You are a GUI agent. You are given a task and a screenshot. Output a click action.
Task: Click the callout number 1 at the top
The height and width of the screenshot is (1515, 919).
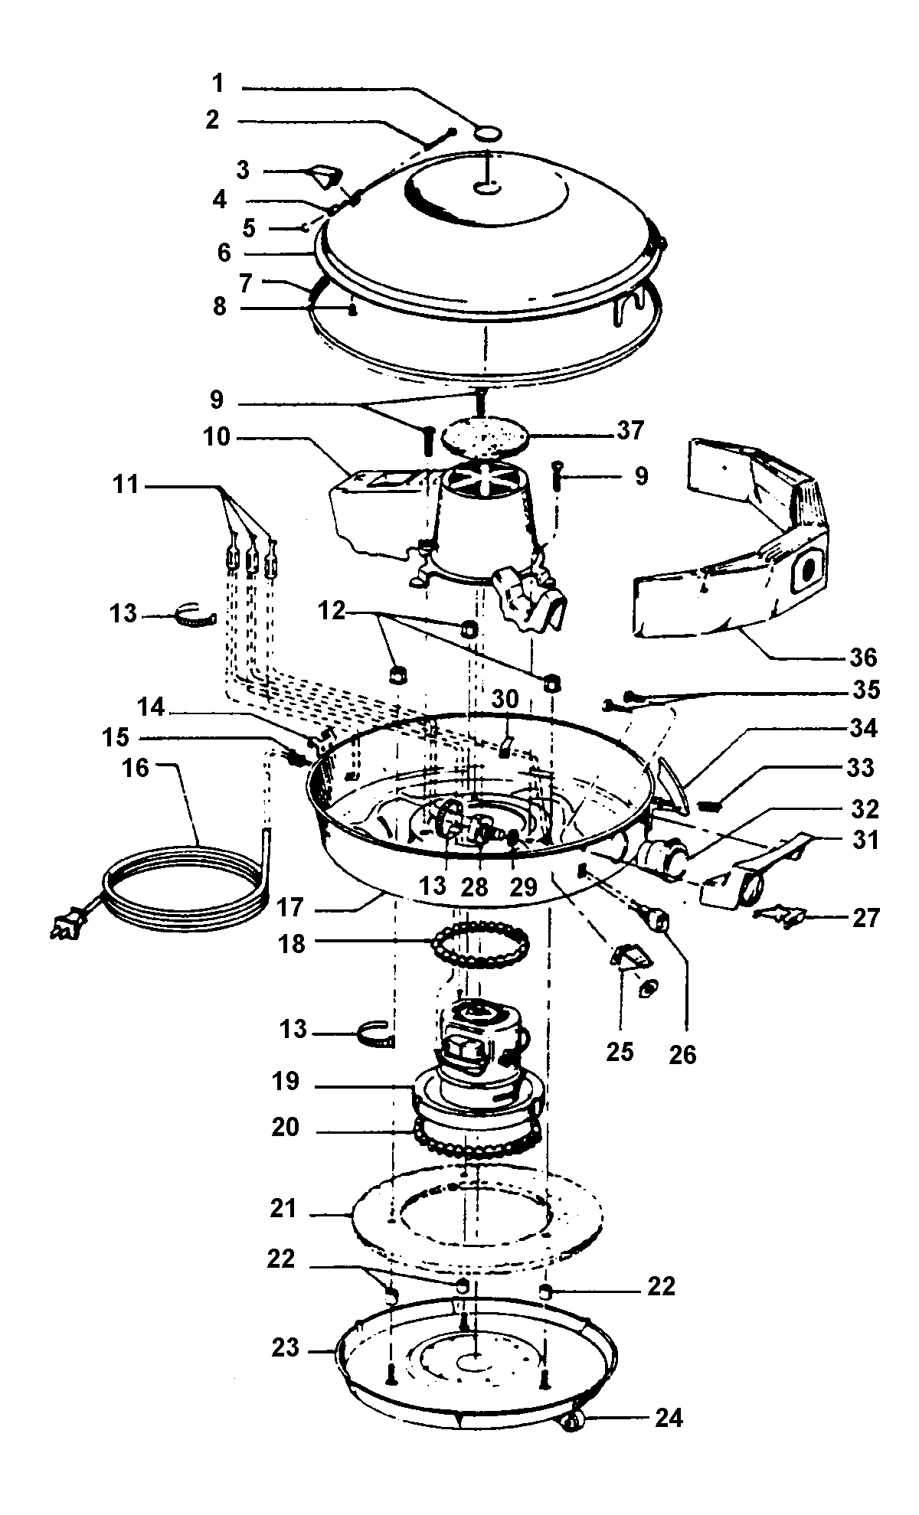[218, 83]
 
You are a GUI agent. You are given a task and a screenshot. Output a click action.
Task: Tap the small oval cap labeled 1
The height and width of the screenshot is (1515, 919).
[487, 133]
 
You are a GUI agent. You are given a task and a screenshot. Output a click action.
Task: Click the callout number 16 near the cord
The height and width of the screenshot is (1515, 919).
[136, 768]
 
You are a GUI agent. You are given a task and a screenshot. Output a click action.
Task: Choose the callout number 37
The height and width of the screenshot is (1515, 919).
[632, 431]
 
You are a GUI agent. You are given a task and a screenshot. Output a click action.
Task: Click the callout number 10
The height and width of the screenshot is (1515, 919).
[217, 437]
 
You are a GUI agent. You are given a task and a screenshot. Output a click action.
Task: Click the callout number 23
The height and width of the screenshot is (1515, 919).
[285, 1348]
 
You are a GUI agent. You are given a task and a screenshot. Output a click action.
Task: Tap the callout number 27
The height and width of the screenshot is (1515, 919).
[865, 917]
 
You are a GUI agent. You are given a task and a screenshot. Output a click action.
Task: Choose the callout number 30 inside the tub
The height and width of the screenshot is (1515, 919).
[505, 698]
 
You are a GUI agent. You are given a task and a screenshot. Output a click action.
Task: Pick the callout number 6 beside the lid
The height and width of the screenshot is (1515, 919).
[224, 253]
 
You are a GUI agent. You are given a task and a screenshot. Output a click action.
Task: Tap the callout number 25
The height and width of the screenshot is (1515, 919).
[620, 1052]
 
